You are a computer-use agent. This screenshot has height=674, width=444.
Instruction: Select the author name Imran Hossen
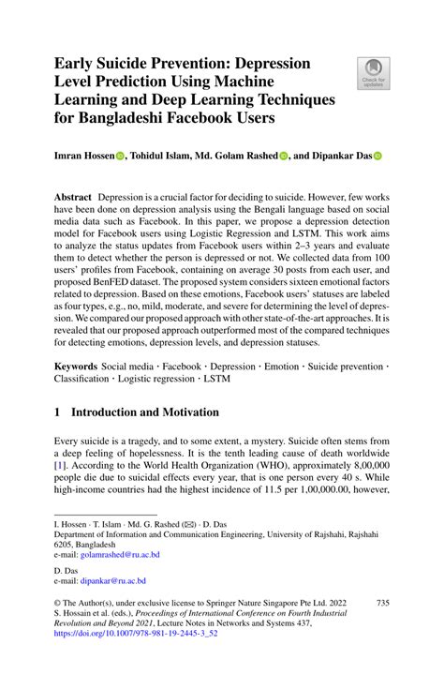[85, 157]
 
